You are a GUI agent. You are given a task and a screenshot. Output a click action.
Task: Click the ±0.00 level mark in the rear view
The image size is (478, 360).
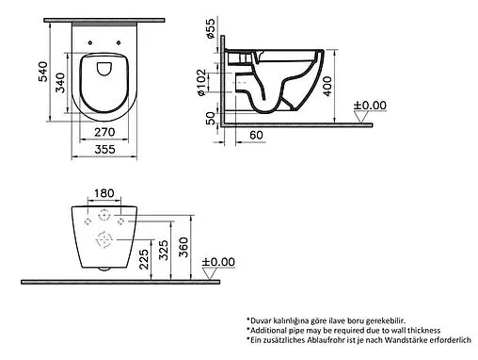point(223,260)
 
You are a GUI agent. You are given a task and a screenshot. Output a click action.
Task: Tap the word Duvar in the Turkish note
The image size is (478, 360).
point(269,320)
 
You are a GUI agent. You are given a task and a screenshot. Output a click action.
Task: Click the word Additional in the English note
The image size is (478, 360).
point(279,332)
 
